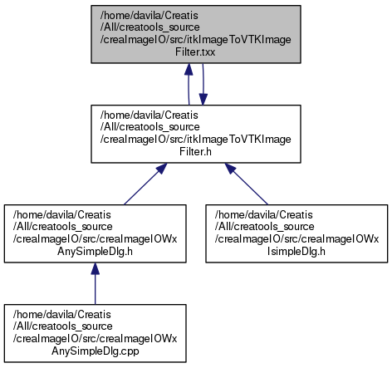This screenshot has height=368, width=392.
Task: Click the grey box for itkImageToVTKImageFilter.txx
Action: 196,34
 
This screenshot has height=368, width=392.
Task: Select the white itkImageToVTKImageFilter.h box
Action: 196,134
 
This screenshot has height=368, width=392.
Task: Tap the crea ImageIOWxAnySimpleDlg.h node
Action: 95,233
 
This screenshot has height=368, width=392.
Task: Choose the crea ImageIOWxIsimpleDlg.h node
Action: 296,233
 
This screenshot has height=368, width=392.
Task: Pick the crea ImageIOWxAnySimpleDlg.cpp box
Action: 95,333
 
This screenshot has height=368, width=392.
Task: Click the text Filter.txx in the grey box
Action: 195,52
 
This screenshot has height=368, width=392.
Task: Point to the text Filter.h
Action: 195,152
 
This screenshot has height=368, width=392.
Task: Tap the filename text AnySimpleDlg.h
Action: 95,252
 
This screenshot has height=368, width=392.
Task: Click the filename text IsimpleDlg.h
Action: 296,252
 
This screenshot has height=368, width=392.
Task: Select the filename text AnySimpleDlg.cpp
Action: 96,351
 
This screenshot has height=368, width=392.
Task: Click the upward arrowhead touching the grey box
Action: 189,70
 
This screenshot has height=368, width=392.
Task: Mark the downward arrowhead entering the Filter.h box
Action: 203,99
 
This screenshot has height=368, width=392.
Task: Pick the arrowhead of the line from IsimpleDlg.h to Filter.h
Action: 230,169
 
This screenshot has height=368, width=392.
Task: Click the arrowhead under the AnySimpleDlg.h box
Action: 95,269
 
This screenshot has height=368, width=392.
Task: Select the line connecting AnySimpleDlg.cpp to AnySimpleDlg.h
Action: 95,290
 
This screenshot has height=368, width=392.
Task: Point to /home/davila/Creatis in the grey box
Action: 149,16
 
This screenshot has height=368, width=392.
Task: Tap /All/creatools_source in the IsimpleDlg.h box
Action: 264,227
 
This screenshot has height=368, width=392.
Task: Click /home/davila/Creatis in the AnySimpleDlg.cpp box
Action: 62,315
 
